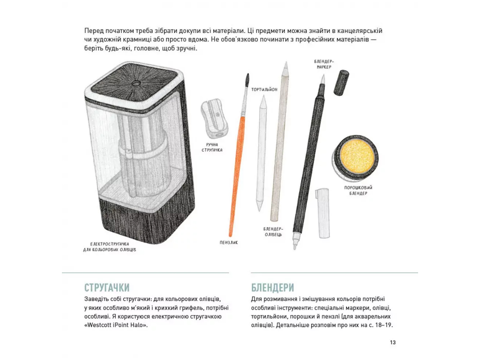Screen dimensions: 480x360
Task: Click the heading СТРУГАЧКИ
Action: click(x=107, y=288)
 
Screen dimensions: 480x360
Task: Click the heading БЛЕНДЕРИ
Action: click(x=272, y=288)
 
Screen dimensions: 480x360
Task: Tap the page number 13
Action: click(x=393, y=342)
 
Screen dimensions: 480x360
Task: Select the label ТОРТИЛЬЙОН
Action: click(x=264, y=90)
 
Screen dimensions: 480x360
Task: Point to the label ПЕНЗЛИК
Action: click(x=229, y=242)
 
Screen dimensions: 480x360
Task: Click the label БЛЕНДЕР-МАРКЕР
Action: click(x=322, y=64)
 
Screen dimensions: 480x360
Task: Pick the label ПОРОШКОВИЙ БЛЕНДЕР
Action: click(x=358, y=190)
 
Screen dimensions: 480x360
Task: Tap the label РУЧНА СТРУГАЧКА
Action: click(x=212, y=147)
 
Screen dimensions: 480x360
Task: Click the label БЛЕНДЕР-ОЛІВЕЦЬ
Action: click(x=273, y=232)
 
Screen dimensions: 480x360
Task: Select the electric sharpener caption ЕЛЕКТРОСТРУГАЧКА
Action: click(x=110, y=244)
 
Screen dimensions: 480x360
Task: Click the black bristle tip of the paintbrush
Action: click(x=247, y=81)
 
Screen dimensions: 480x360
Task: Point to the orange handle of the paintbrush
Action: click(x=237, y=174)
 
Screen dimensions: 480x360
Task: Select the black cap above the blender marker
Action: click(x=341, y=82)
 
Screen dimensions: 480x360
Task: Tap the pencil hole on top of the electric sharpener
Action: click(x=135, y=83)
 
